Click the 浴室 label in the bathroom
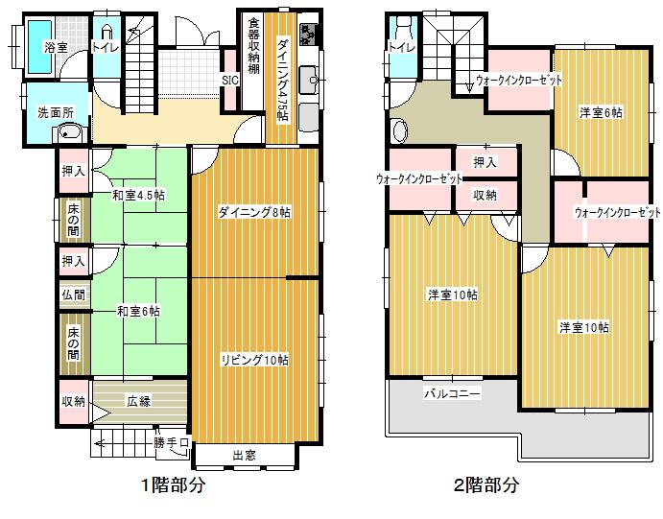56,46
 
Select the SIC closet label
230,81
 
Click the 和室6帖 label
138,311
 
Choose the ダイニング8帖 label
253,213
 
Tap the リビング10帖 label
253,360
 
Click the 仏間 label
73,295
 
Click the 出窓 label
244,455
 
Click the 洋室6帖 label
600,112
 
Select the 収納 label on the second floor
485,195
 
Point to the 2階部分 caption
486,485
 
